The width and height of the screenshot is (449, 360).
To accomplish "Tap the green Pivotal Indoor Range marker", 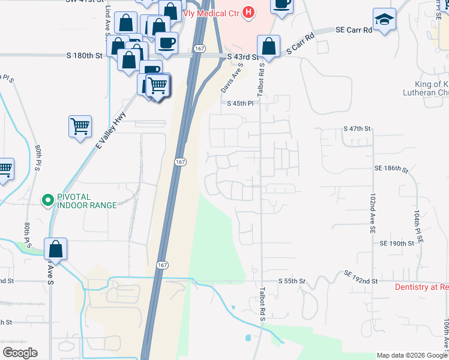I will pos(47,200).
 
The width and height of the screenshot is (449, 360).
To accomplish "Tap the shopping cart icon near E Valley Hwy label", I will pos(80,127).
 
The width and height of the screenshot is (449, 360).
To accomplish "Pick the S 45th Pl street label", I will pos(241,103).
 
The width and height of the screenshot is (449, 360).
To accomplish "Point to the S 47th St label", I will pos(358,129).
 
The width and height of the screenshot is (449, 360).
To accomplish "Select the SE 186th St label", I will pos(391,170).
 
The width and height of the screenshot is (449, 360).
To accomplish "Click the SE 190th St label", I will pos(397,244).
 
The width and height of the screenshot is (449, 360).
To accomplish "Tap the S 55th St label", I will pos(292,281).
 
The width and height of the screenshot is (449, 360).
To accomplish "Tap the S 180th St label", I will pos(85,56).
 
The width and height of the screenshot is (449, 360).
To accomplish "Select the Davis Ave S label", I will pos(231,79).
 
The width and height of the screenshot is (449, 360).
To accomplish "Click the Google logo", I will pos(20,352).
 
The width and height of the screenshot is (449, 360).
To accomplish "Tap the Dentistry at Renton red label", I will pos(421,287).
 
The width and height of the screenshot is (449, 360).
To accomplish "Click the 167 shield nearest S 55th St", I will pos(163,265).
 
